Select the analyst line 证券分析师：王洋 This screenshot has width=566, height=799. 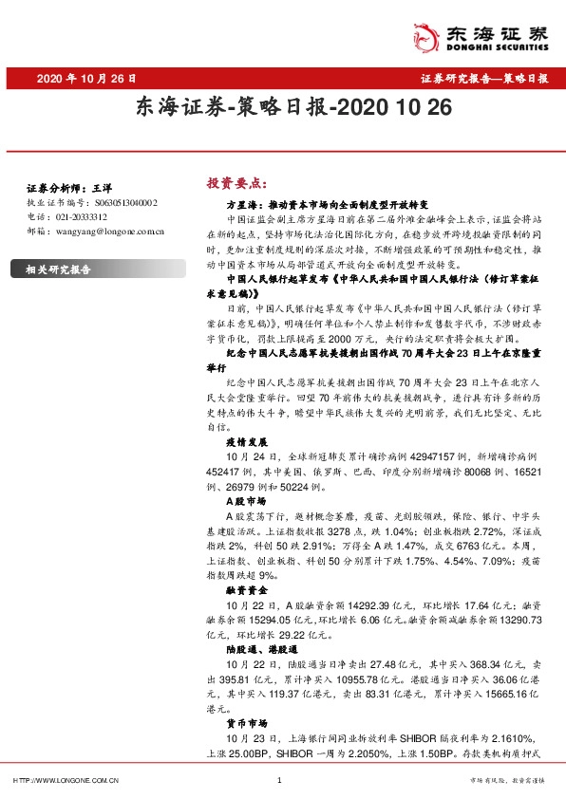pyautogui.click(x=64, y=189)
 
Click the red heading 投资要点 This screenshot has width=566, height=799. pyautogui.click(x=232, y=182)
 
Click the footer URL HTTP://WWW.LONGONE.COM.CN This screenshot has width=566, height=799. pyautogui.click(x=65, y=780)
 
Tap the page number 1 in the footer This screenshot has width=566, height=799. pyautogui.click(x=279, y=780)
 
